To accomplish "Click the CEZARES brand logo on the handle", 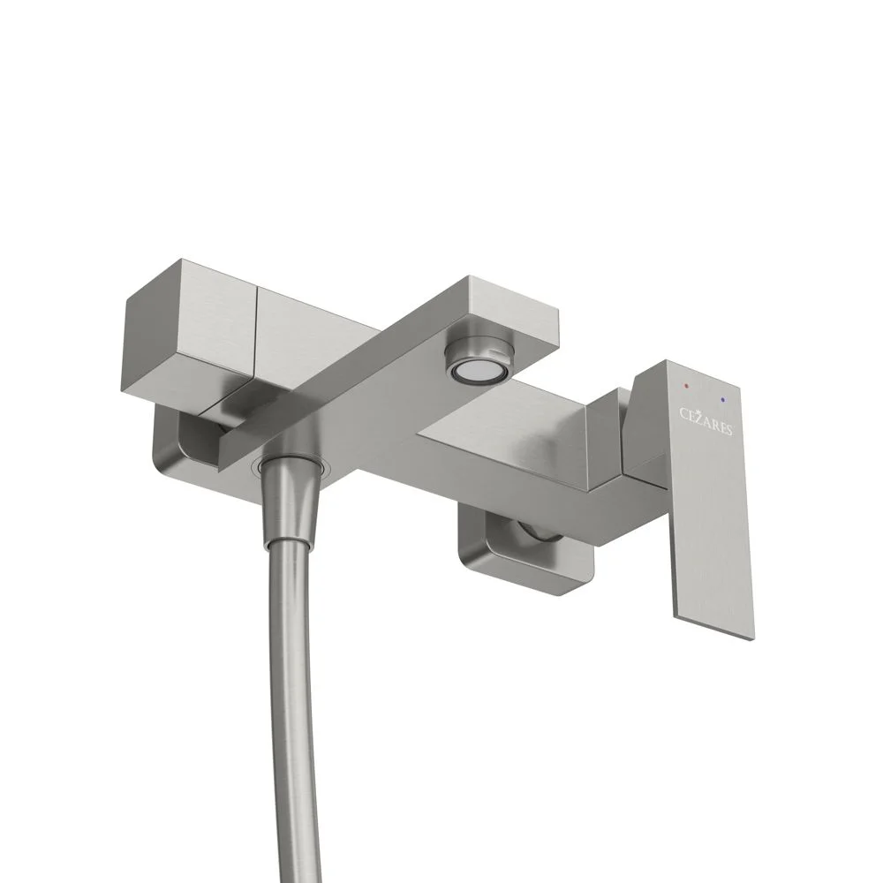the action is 706,422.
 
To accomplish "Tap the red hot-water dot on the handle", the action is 685,387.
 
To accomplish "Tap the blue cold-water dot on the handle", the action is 722,400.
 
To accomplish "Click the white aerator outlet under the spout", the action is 471,370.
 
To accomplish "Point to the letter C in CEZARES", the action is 683,414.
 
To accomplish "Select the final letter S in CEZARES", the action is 728,430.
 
